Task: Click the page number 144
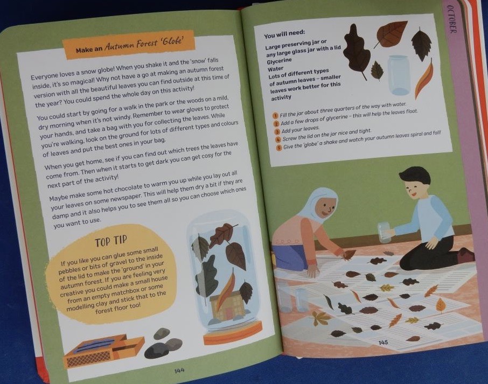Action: point(179,371)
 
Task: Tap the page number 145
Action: point(383,343)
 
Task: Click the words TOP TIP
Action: point(111,240)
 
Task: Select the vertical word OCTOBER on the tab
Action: point(451,19)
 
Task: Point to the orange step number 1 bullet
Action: point(275,116)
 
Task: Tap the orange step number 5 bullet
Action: point(279,148)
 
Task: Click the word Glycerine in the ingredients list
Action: point(279,61)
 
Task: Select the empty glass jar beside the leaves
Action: point(399,75)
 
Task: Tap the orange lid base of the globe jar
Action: point(233,333)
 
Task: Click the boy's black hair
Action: point(415,176)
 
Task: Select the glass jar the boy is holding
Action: point(385,232)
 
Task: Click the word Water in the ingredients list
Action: point(275,69)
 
